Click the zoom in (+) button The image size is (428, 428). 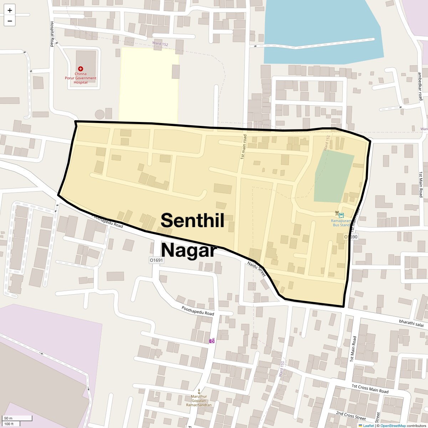coord(10,10)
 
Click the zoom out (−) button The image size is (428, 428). coord(10,21)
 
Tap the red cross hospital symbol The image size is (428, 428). coord(81,68)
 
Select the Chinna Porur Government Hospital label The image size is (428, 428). coord(81,78)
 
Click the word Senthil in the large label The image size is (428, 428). coord(192,220)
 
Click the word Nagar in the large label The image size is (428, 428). coord(189,250)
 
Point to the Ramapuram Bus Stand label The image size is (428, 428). coord(341,223)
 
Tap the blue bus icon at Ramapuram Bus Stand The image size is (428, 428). coord(341,215)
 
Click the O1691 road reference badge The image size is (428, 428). coord(156,260)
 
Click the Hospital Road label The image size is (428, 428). coord(52,34)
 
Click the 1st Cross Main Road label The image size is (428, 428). coord(370,388)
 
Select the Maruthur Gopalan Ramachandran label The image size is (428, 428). coord(199,401)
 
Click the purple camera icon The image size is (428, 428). coord(212,341)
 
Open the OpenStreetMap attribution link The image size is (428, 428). coord(393,426)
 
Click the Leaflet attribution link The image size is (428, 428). coord(368,426)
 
